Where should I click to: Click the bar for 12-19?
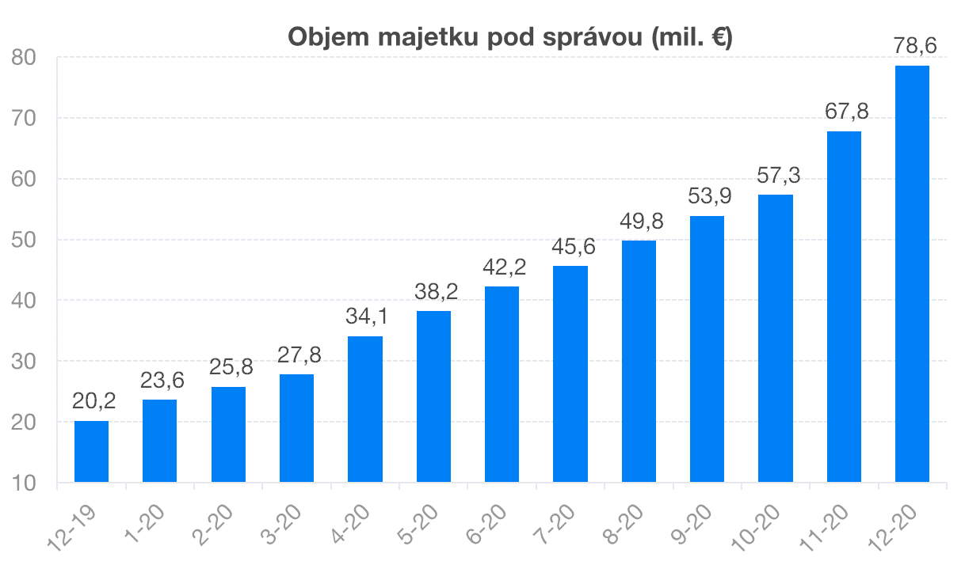(91, 451)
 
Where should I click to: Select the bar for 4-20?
(365, 409)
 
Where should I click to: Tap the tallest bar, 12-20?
(912, 273)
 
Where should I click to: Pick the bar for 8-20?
(639, 361)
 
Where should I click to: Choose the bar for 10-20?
(776, 338)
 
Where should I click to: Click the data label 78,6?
(914, 47)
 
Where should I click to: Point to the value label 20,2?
(93, 401)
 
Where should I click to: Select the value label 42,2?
(503, 267)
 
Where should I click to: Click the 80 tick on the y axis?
(26, 58)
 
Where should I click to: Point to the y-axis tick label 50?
(26, 240)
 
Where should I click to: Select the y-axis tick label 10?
(26, 483)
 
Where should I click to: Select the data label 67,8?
(845, 112)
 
